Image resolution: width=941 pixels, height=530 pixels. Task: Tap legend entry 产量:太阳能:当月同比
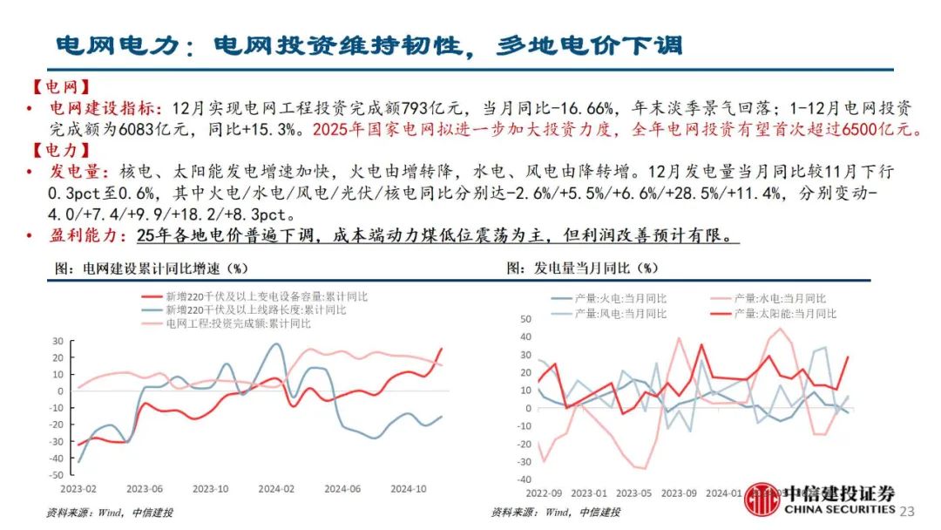pyautogui.click(x=784, y=313)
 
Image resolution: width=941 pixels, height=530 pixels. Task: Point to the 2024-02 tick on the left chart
pyautogui.click(x=277, y=488)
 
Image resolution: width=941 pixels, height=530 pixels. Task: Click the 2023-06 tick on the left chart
pyautogui.click(x=146, y=488)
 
